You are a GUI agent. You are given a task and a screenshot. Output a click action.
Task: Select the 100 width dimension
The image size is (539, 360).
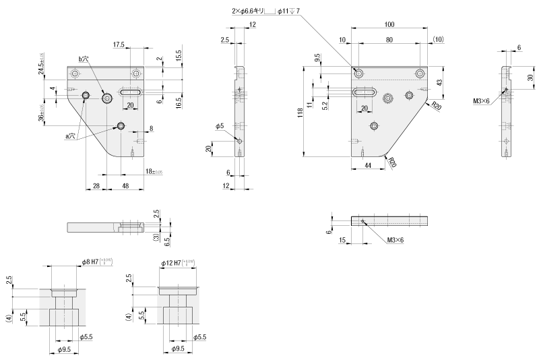(x=389, y=25)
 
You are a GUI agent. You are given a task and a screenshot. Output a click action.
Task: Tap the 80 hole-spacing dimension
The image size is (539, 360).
(x=389, y=39)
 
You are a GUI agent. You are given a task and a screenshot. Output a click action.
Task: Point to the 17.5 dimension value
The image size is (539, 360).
(x=119, y=44)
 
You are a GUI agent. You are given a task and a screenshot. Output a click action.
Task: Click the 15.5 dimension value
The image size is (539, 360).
(x=179, y=54)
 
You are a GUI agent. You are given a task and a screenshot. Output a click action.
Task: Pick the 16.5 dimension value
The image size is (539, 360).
(x=179, y=103)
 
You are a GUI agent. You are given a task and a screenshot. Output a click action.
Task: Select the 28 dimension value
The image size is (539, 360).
(x=96, y=186)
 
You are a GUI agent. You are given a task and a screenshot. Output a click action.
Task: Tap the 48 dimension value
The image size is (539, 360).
(x=126, y=186)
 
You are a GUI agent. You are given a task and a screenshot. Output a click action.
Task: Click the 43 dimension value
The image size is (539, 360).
(x=439, y=82)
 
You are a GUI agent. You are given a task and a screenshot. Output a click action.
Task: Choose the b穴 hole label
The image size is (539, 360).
(x=84, y=60)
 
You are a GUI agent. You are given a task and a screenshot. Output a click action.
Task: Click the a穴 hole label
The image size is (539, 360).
(x=69, y=137)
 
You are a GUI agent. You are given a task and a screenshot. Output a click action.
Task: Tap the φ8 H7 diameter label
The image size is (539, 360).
(x=90, y=261)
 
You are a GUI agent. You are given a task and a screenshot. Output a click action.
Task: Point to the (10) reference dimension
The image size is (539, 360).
(x=438, y=39)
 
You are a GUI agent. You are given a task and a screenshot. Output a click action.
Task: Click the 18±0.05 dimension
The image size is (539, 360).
(x=154, y=173)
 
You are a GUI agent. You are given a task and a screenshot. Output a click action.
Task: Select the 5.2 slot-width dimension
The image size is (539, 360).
(x=325, y=105)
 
